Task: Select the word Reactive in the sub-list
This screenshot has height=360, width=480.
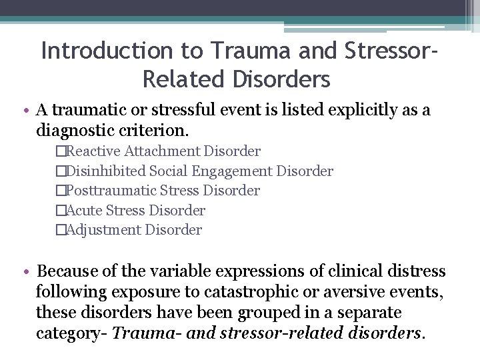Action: [x=94, y=152]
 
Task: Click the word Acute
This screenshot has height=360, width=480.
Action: [x=85, y=211]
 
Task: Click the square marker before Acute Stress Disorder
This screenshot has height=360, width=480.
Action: [x=61, y=211]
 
